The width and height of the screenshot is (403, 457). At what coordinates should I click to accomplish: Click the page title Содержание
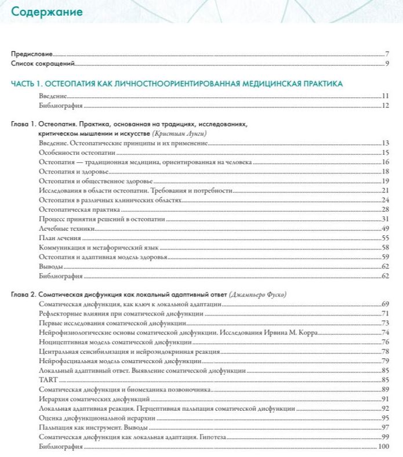point(47,12)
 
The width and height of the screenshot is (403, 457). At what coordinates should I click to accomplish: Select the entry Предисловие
point(32,53)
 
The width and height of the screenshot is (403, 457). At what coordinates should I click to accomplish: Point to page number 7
point(386,53)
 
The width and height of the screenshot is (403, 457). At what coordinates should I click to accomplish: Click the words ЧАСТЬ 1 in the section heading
point(27,84)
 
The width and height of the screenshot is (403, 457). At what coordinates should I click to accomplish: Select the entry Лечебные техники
point(63,228)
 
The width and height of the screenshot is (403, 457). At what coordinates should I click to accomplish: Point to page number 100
point(383,446)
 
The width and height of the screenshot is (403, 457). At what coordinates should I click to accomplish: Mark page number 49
point(384,228)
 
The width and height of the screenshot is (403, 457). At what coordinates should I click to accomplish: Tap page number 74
point(384,332)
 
